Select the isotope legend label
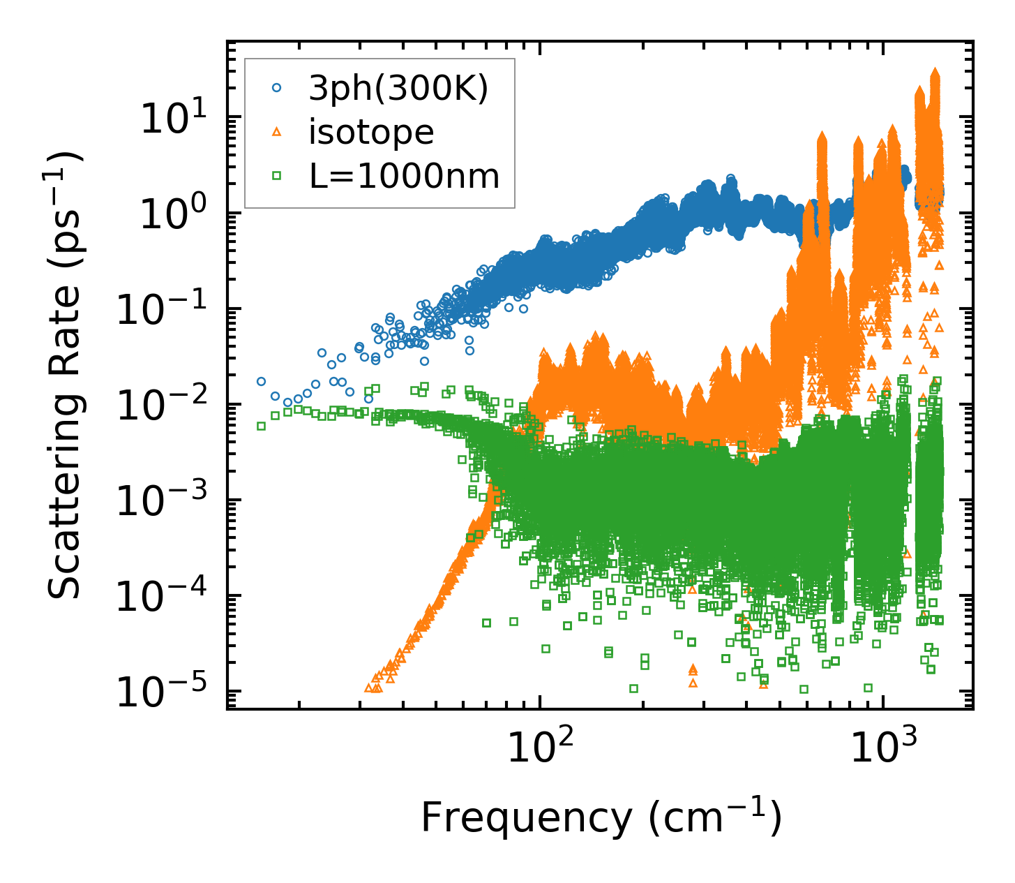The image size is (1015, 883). (x=371, y=132)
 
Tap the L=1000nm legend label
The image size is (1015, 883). (x=405, y=176)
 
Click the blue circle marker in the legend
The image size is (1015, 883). (x=277, y=89)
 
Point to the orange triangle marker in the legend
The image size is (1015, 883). (x=277, y=132)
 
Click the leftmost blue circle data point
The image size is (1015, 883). (x=261, y=382)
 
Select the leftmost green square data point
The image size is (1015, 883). (x=261, y=426)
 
